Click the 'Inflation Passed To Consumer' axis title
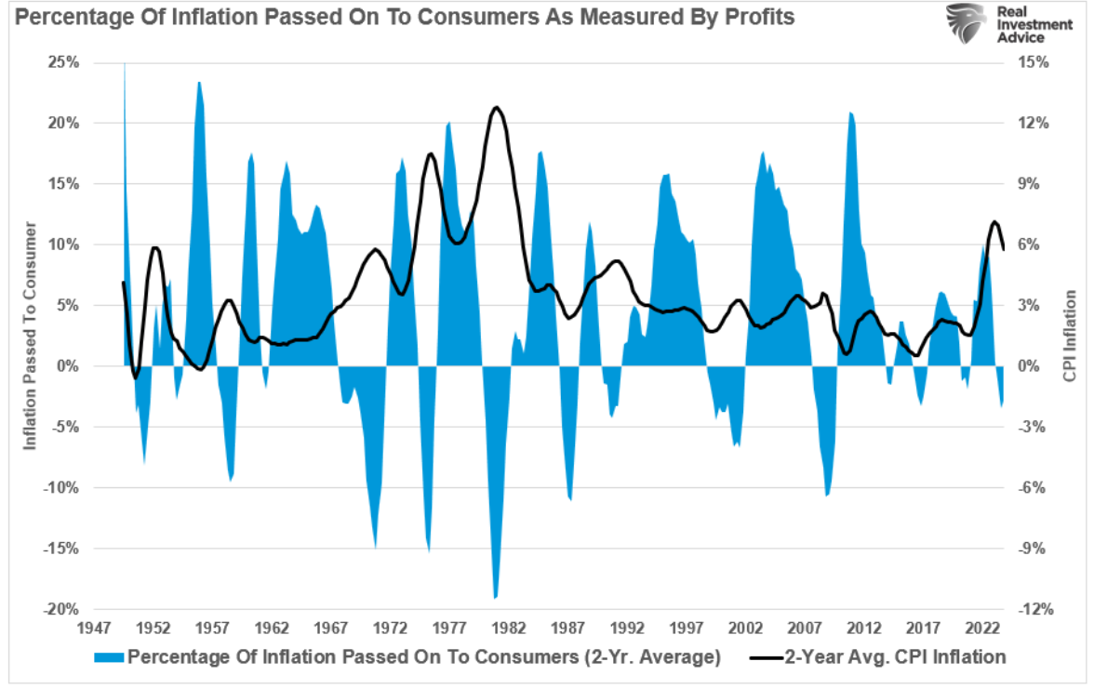tap(31, 336)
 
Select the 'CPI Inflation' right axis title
tap(1070, 336)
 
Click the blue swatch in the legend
tap(110, 657)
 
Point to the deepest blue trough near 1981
tap(495, 598)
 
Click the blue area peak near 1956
tap(198, 83)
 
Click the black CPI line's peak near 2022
tap(994, 221)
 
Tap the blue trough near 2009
tap(826, 496)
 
